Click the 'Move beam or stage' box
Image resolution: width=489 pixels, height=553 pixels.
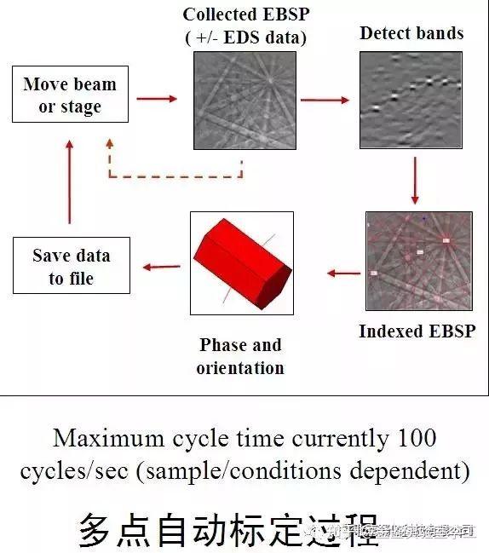click(70, 95)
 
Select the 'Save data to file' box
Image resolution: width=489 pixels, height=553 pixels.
click(71, 267)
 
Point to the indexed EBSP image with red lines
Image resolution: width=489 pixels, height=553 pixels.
click(412, 260)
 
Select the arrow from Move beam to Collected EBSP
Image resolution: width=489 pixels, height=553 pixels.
click(158, 99)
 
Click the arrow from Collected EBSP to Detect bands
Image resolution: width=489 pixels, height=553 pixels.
click(326, 100)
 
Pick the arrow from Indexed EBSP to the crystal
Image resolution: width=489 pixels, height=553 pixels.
click(344, 274)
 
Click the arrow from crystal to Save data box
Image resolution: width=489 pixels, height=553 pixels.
click(161, 267)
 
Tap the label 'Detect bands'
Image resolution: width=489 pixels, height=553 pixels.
click(411, 33)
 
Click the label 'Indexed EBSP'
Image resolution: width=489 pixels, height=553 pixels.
click(417, 331)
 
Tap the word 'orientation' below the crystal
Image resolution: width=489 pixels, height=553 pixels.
click(240, 368)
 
